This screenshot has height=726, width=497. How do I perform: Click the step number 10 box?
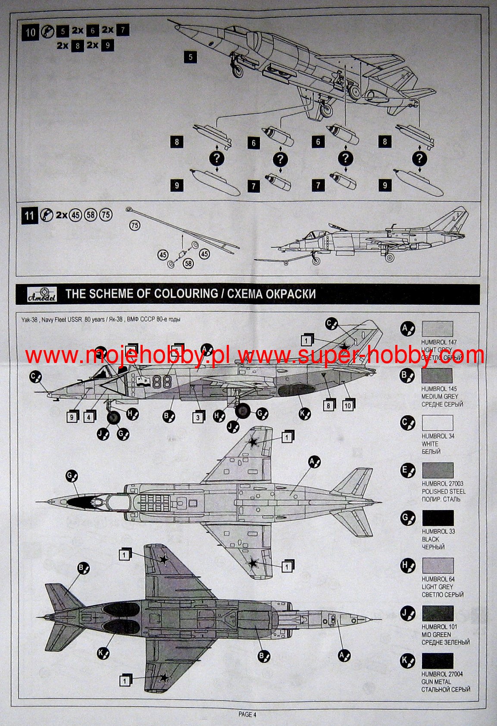coord(30,33)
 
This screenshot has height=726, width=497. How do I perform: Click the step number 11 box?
coord(29,215)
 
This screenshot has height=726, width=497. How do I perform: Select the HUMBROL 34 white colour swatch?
coord(438,423)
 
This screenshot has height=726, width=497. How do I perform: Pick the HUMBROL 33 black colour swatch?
coord(438,518)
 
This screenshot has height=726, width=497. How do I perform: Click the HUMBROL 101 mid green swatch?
coord(438,613)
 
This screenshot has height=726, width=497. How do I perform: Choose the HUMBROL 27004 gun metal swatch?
coord(438,661)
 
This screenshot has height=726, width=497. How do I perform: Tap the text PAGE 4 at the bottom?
coord(247,714)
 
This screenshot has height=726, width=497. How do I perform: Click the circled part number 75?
coord(135,225)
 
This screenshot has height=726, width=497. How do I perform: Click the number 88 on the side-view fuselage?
coord(163,381)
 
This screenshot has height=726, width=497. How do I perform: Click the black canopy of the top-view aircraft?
coord(80,501)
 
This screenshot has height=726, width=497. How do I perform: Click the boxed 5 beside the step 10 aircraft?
coord(191,57)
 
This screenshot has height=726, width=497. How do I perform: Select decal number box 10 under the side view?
coord(347,405)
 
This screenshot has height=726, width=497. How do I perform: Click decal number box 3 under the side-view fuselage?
coord(198,417)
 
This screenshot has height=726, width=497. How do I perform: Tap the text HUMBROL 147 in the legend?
coord(439,342)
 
